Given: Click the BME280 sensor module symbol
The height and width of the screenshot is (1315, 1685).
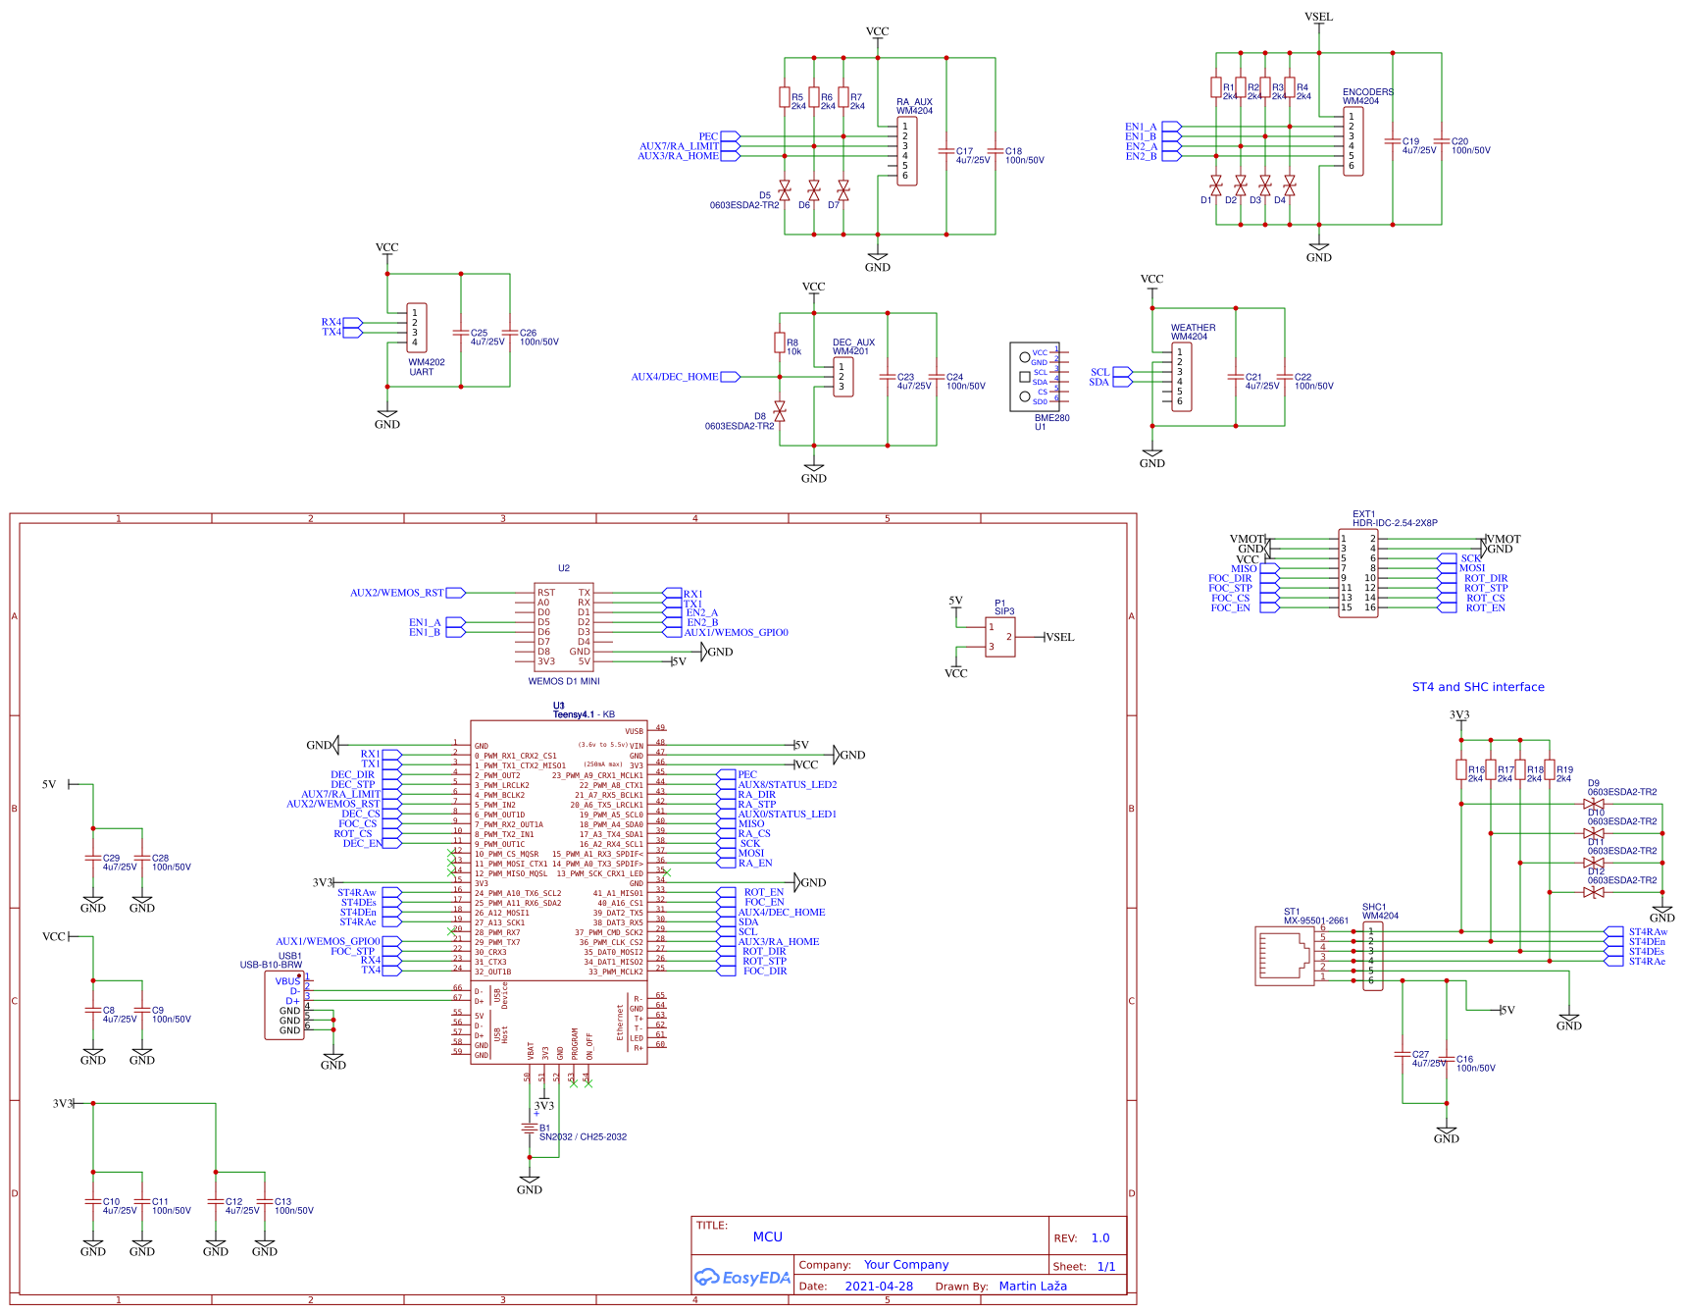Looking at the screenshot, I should pos(1034,377).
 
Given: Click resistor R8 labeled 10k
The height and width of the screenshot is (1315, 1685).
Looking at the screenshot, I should pos(780,342).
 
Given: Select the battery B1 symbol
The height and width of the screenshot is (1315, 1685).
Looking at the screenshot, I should pos(530,1129).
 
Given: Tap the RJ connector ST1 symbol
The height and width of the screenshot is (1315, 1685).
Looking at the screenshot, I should pos(1285,955).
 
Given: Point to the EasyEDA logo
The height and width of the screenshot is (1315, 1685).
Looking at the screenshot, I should pos(741,1277).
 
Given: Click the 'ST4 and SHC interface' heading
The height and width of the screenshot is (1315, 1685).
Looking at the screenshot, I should pos(1477,687).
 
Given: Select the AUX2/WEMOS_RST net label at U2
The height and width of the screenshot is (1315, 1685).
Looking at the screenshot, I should pos(397,593).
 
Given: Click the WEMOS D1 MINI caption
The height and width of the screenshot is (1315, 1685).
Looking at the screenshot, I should pos(564,681).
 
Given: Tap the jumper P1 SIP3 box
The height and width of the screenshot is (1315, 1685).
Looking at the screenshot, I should pos(999,637).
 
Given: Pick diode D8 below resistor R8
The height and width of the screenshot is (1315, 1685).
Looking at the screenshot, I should pos(780,410).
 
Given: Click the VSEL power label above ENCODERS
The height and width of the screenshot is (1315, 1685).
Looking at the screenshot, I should pos(1318,17).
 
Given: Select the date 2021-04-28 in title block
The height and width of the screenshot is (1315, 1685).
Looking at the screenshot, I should pos(878,1286).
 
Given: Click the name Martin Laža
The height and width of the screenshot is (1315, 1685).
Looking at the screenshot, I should pos(1032,1286).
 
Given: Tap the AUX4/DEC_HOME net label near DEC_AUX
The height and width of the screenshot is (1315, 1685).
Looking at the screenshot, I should pos(675,377).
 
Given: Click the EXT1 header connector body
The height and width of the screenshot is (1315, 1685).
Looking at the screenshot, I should pos(1358,573).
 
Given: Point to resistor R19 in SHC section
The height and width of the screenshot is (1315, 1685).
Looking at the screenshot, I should pos(1550,770).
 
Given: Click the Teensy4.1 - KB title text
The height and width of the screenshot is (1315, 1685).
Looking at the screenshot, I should pos(584,714).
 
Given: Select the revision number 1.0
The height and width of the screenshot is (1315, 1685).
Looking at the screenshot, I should pos(1099,1237).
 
